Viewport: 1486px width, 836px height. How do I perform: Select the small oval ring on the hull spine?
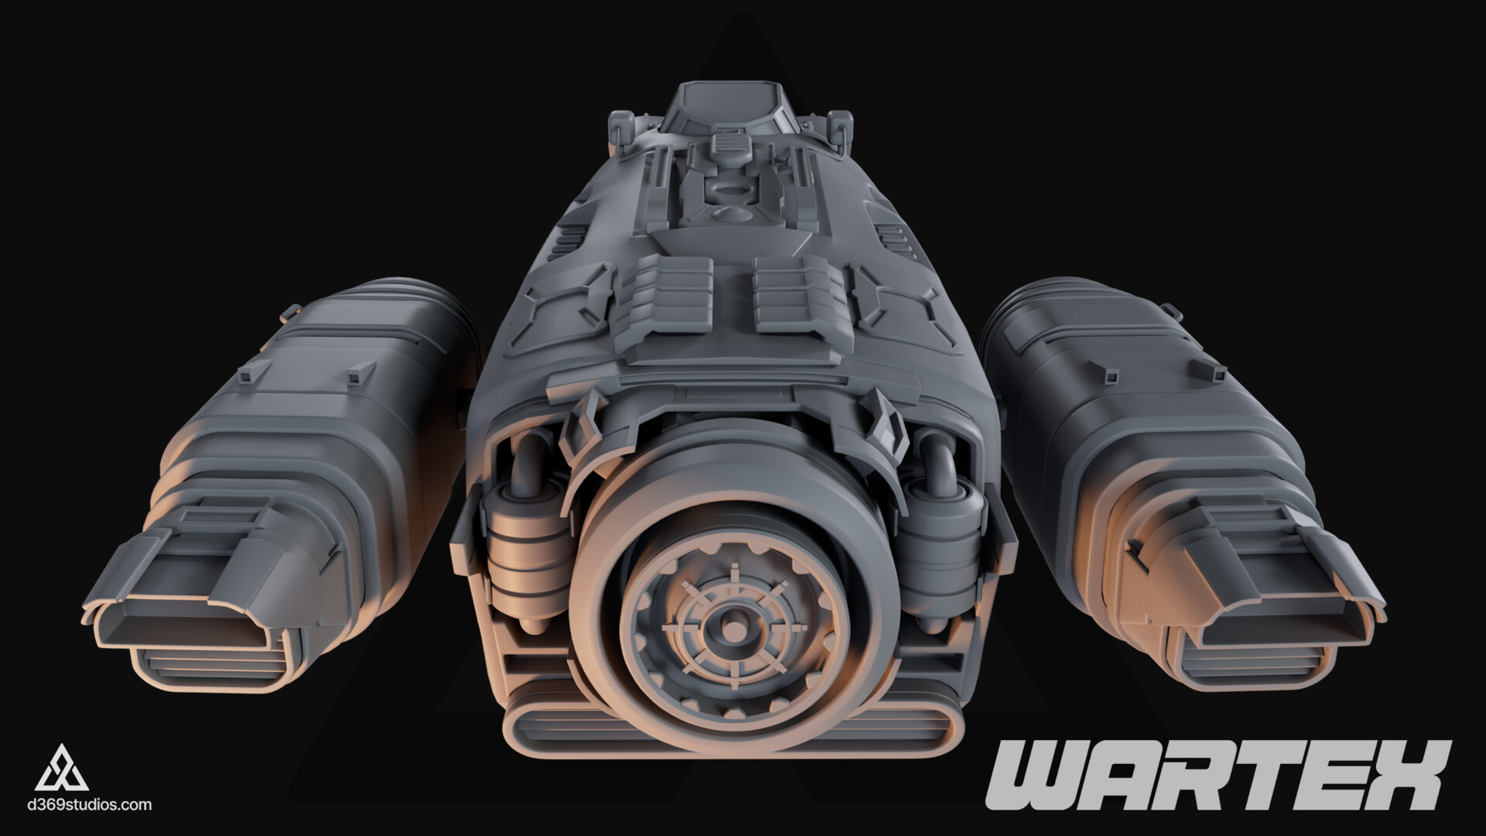pyautogui.click(x=728, y=190)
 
